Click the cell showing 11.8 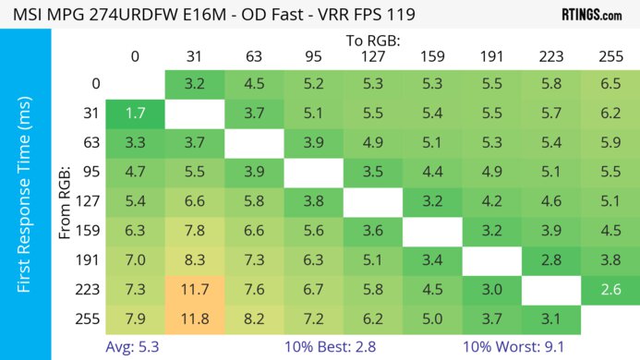coord(195,318)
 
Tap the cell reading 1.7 coord(135,115)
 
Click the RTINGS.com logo coord(591,16)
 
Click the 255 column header coord(610,57)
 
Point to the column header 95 coord(313,57)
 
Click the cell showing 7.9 coord(135,318)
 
